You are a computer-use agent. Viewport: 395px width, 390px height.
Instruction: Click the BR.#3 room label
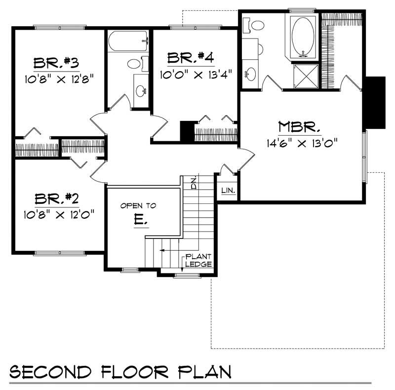tap(56, 63)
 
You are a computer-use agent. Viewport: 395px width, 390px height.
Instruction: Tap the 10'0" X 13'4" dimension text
tap(196, 75)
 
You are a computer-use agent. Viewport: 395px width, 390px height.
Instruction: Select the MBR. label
tap(299, 127)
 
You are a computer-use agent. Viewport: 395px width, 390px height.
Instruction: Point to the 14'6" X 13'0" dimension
tap(302, 143)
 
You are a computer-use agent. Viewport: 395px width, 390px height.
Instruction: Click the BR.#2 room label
tap(57, 199)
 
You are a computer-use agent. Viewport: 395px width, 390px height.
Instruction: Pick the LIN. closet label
tap(229, 191)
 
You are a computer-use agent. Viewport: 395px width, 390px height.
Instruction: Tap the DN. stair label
tap(194, 184)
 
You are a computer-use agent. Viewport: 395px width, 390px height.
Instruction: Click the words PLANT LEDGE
tap(198, 261)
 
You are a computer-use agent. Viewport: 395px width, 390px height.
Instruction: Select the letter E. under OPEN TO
tap(141, 220)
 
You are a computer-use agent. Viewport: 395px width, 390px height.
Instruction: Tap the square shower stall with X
tap(306, 77)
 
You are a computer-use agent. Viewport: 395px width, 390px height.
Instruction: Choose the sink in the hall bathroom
tap(141, 91)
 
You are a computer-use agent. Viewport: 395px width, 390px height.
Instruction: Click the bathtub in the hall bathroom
tap(128, 41)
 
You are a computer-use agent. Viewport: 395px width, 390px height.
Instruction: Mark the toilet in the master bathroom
tap(254, 25)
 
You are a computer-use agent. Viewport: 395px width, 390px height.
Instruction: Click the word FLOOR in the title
tap(135, 372)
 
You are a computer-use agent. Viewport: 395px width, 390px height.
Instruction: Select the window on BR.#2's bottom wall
tap(60, 253)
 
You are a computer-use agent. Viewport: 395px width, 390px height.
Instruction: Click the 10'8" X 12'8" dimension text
tap(59, 79)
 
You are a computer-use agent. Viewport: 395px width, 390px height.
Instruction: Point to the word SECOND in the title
tap(50, 372)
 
